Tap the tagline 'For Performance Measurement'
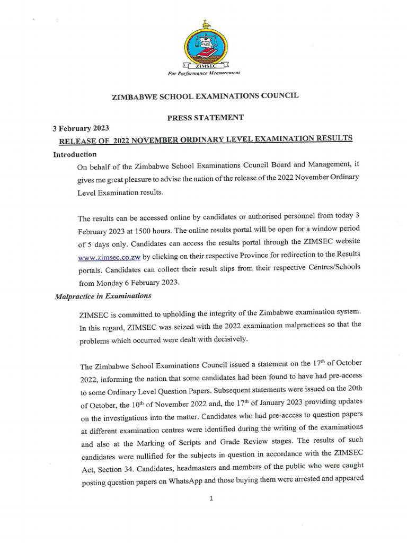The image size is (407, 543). coord(204,72)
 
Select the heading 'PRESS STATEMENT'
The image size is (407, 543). coord(206,118)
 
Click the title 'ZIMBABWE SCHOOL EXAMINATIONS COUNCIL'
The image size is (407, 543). coord(205,97)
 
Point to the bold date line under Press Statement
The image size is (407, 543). coord(81,128)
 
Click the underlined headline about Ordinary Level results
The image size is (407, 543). coord(206,139)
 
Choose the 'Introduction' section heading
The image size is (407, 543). coord(75,154)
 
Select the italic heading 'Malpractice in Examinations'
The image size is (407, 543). coord(103,296)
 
